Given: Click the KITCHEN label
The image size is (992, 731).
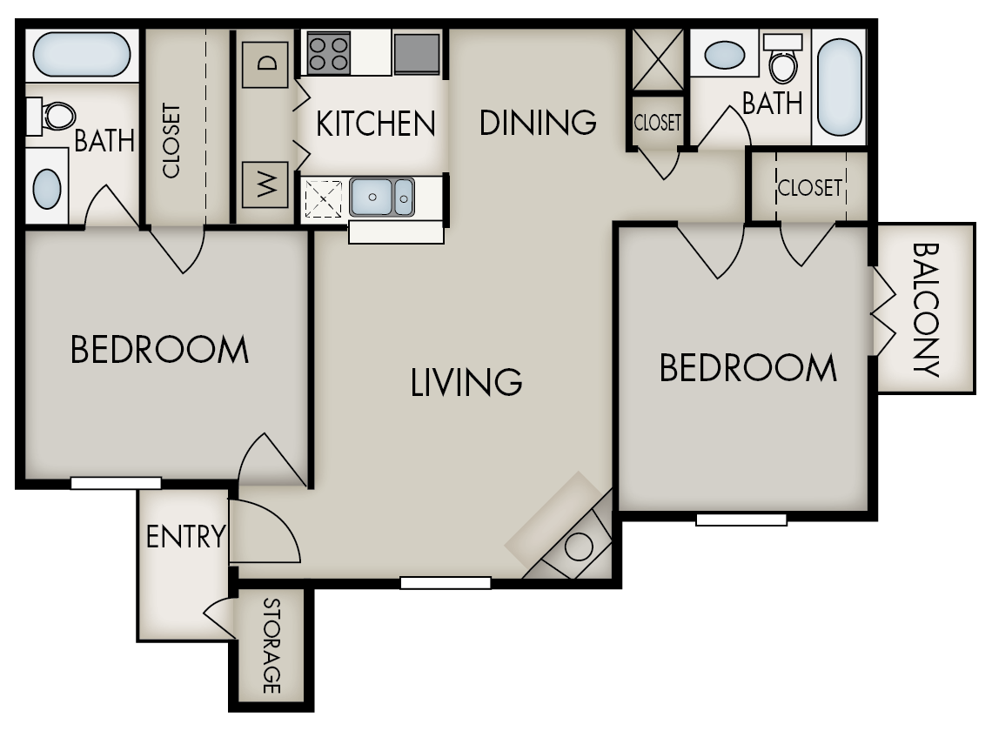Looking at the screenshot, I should pos(375,124).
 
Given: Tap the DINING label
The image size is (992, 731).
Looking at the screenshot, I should pos(538,122).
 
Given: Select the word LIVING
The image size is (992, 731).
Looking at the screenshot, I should pos(466,381).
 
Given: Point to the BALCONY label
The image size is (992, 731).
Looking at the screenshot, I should pos(927,309).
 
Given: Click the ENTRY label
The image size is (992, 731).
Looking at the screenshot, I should pos(185,536).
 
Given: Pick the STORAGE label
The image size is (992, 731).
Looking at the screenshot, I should pos(271,645).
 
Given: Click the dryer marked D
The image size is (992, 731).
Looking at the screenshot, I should pos(265,63).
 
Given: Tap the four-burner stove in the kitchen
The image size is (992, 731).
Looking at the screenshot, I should pos(328,53).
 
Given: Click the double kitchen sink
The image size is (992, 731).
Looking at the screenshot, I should pos(382,196).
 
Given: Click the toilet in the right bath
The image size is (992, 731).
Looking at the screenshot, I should pos(783,61).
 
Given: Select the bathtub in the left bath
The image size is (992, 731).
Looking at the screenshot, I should pos(82,55).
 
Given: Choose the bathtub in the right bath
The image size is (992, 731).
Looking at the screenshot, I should pos(840,86).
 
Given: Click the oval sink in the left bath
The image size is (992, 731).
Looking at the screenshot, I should pos(47,186).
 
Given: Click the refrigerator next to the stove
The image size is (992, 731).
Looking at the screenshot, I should pos(417,54).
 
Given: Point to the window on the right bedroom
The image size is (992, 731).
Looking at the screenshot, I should pos(741,520).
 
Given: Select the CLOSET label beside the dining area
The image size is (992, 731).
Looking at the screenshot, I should pos(657,123).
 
